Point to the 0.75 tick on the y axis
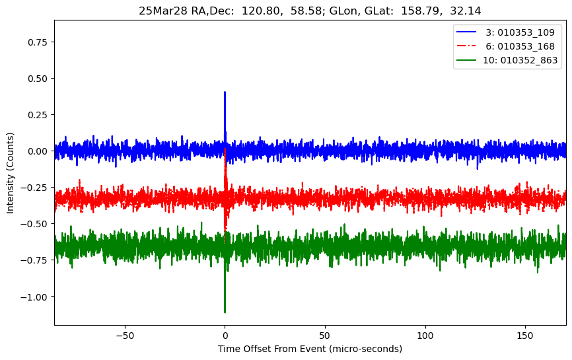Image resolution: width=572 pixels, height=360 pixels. pos(39,42)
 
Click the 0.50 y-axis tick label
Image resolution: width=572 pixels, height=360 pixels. pos(39,78)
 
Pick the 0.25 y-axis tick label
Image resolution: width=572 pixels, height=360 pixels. pos(39,114)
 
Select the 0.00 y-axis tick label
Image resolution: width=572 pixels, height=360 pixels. pos(39,151)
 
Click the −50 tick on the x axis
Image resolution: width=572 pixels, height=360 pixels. pos(124,334)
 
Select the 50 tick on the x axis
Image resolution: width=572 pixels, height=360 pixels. pos(325,334)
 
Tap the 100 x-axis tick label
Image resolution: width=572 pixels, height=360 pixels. pos(425,334)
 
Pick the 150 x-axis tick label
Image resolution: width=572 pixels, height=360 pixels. pos(526,334)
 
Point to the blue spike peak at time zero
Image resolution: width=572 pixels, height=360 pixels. pos(225,92)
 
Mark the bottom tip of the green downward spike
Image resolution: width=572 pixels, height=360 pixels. pos(225,312)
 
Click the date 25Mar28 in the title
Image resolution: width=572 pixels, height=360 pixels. pos(159,11)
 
